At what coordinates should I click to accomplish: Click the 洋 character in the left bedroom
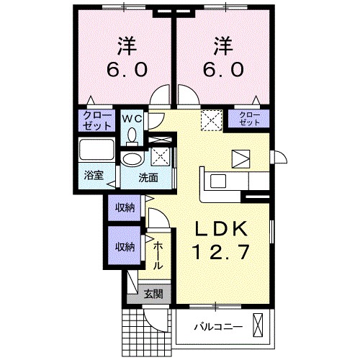(125, 47)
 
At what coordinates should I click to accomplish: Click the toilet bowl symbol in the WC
(131, 135)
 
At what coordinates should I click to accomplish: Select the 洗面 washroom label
(149, 177)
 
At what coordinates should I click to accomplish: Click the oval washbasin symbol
(132, 160)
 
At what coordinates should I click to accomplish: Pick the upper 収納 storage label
(124, 208)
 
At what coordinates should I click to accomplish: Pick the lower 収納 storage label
(124, 246)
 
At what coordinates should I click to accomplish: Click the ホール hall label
(158, 256)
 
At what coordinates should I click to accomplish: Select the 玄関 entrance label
(152, 293)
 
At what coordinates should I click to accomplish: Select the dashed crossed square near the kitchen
(210, 119)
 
